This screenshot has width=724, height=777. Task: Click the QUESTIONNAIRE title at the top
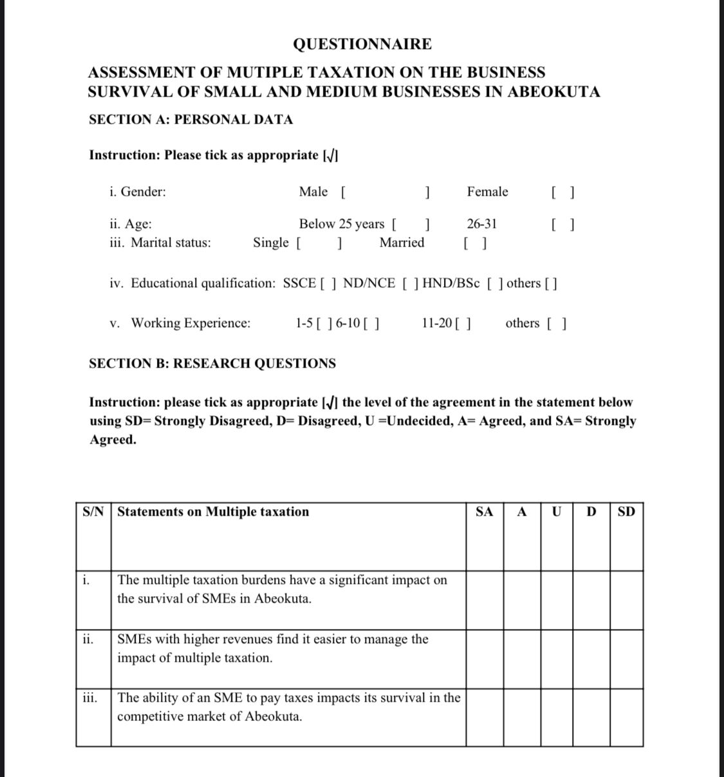click(362, 44)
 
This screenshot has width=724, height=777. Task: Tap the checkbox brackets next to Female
click(563, 192)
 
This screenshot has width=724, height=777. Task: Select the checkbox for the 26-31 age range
click(563, 225)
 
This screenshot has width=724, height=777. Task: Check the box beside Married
click(475, 243)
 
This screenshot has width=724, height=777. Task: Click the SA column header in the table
click(485, 512)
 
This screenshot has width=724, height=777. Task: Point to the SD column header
click(626, 512)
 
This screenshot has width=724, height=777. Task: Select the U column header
click(557, 512)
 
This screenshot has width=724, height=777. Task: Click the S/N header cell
click(93, 512)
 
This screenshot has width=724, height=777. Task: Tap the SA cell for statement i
click(485, 599)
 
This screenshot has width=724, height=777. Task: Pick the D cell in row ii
click(591, 659)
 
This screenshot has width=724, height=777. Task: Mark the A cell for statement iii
click(522, 717)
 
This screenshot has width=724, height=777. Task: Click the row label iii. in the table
click(90, 697)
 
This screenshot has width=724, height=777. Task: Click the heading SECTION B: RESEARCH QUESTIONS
click(212, 364)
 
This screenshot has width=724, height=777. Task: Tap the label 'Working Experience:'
click(191, 323)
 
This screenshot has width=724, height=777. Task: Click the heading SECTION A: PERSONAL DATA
click(190, 120)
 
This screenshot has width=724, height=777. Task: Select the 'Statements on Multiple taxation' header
click(213, 512)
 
